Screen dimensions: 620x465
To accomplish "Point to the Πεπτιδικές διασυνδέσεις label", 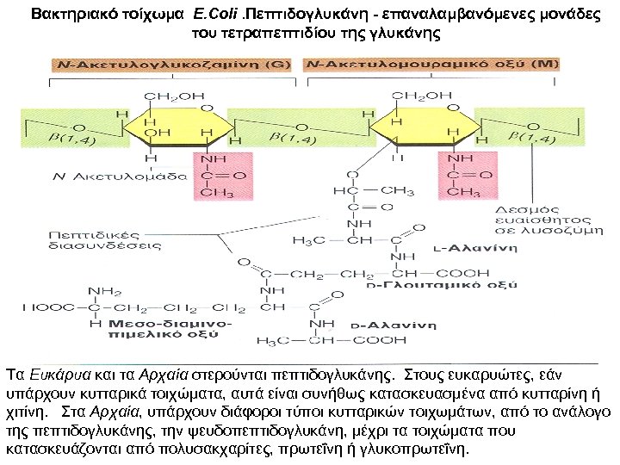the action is [x=92, y=237].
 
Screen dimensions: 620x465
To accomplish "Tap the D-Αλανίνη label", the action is [x=392, y=327].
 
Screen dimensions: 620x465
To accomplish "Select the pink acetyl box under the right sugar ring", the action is [x=465, y=176].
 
